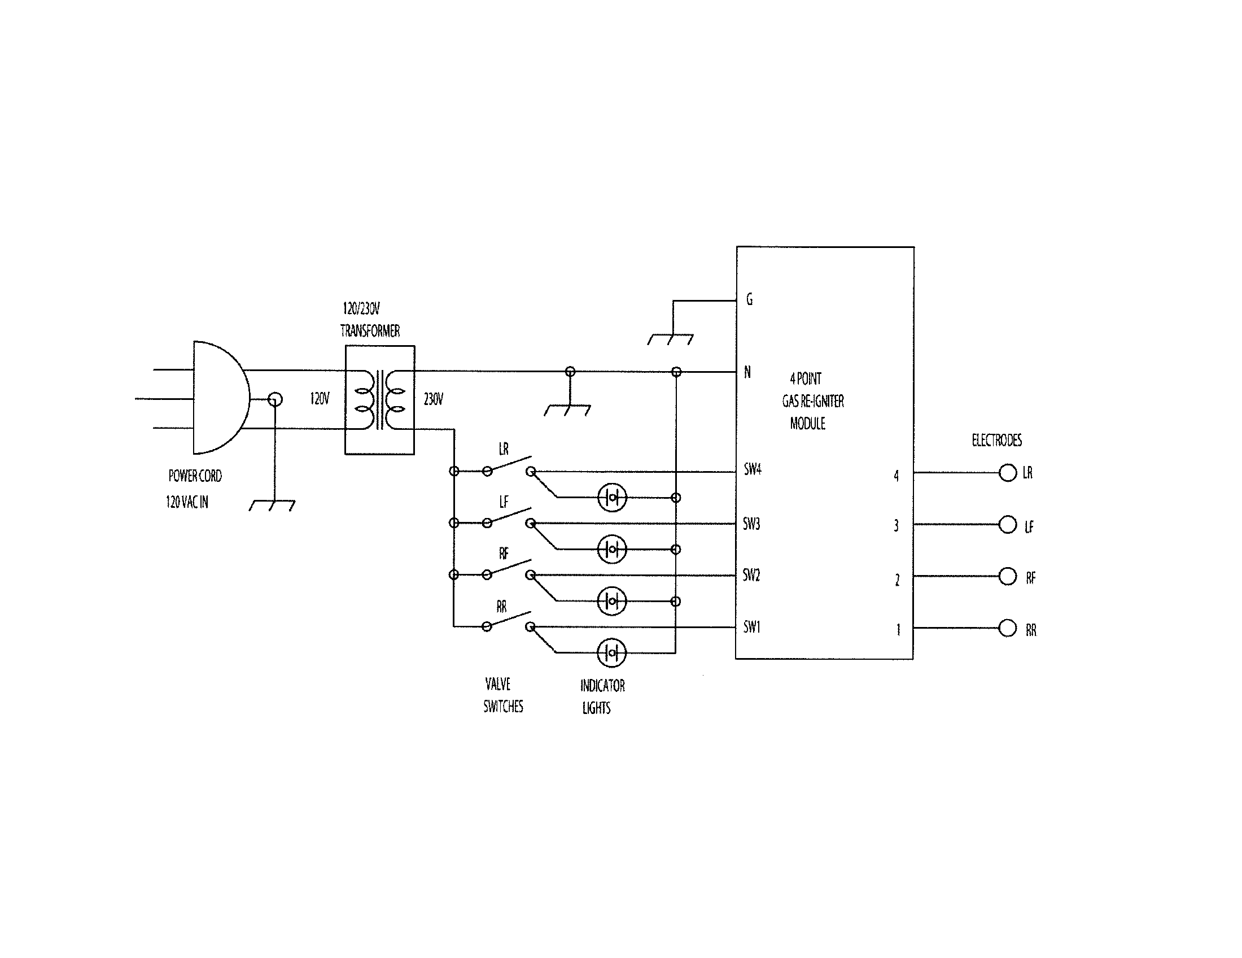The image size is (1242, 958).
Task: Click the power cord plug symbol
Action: coord(219,398)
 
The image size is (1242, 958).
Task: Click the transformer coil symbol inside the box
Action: coord(379,400)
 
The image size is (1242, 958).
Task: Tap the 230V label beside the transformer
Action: coord(434,399)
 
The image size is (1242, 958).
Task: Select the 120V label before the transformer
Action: coord(320,399)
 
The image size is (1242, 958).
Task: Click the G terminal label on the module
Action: coord(750,299)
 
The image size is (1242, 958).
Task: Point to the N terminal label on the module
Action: coord(748,372)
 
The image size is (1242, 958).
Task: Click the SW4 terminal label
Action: coord(753,470)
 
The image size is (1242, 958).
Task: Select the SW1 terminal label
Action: coord(752,627)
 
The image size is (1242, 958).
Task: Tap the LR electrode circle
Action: coord(1008,473)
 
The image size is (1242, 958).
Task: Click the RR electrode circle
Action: coord(1008,628)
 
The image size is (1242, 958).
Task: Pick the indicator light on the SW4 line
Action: coord(612,498)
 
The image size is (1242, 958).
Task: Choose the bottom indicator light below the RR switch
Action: coord(612,652)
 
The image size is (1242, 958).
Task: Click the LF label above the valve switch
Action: coord(504,502)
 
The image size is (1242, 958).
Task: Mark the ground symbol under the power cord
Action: coord(273,505)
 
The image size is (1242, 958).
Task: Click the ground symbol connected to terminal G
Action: coord(671,339)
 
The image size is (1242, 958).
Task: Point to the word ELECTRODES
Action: coord(996,440)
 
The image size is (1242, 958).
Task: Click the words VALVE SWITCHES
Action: coord(502,695)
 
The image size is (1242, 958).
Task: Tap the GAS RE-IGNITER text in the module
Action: coord(812,401)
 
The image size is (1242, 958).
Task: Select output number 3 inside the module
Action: coord(896,526)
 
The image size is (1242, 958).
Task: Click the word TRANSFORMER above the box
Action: coord(370,330)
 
